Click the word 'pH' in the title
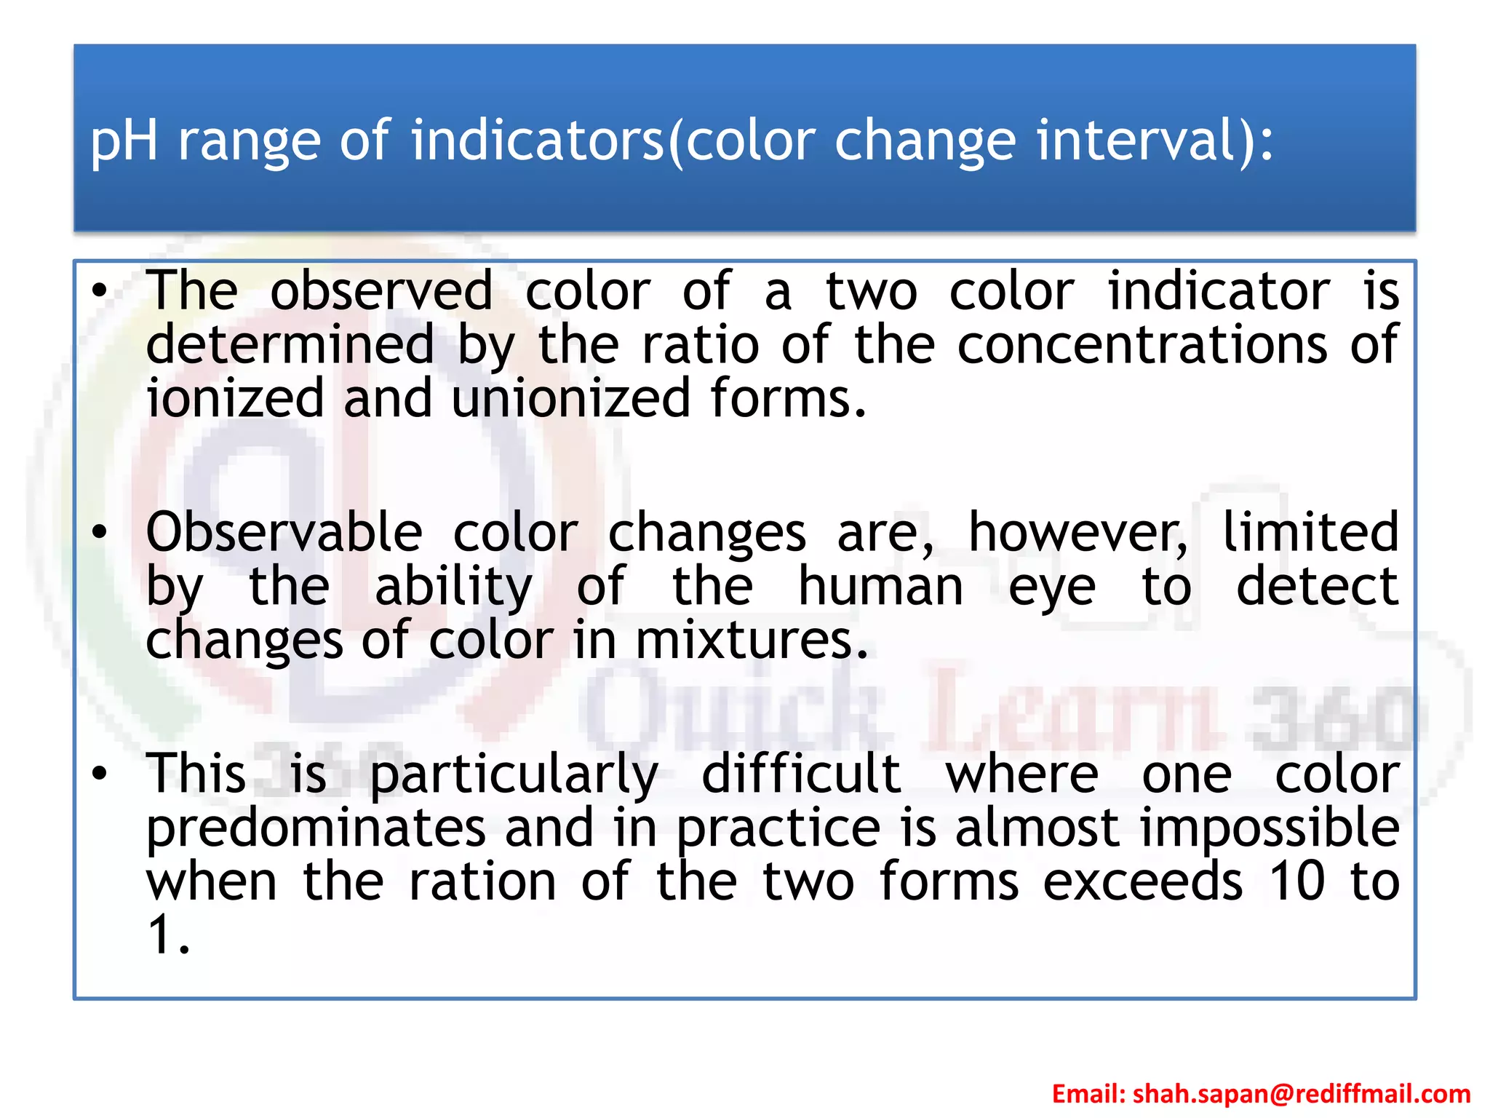[x=124, y=140]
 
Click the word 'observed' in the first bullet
[x=382, y=291]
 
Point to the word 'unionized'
[x=570, y=399]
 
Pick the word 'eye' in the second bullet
[x=1052, y=588]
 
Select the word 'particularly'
[x=514, y=775]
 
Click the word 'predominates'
[x=316, y=829]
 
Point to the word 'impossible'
[x=1270, y=829]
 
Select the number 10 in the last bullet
[x=1296, y=881]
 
